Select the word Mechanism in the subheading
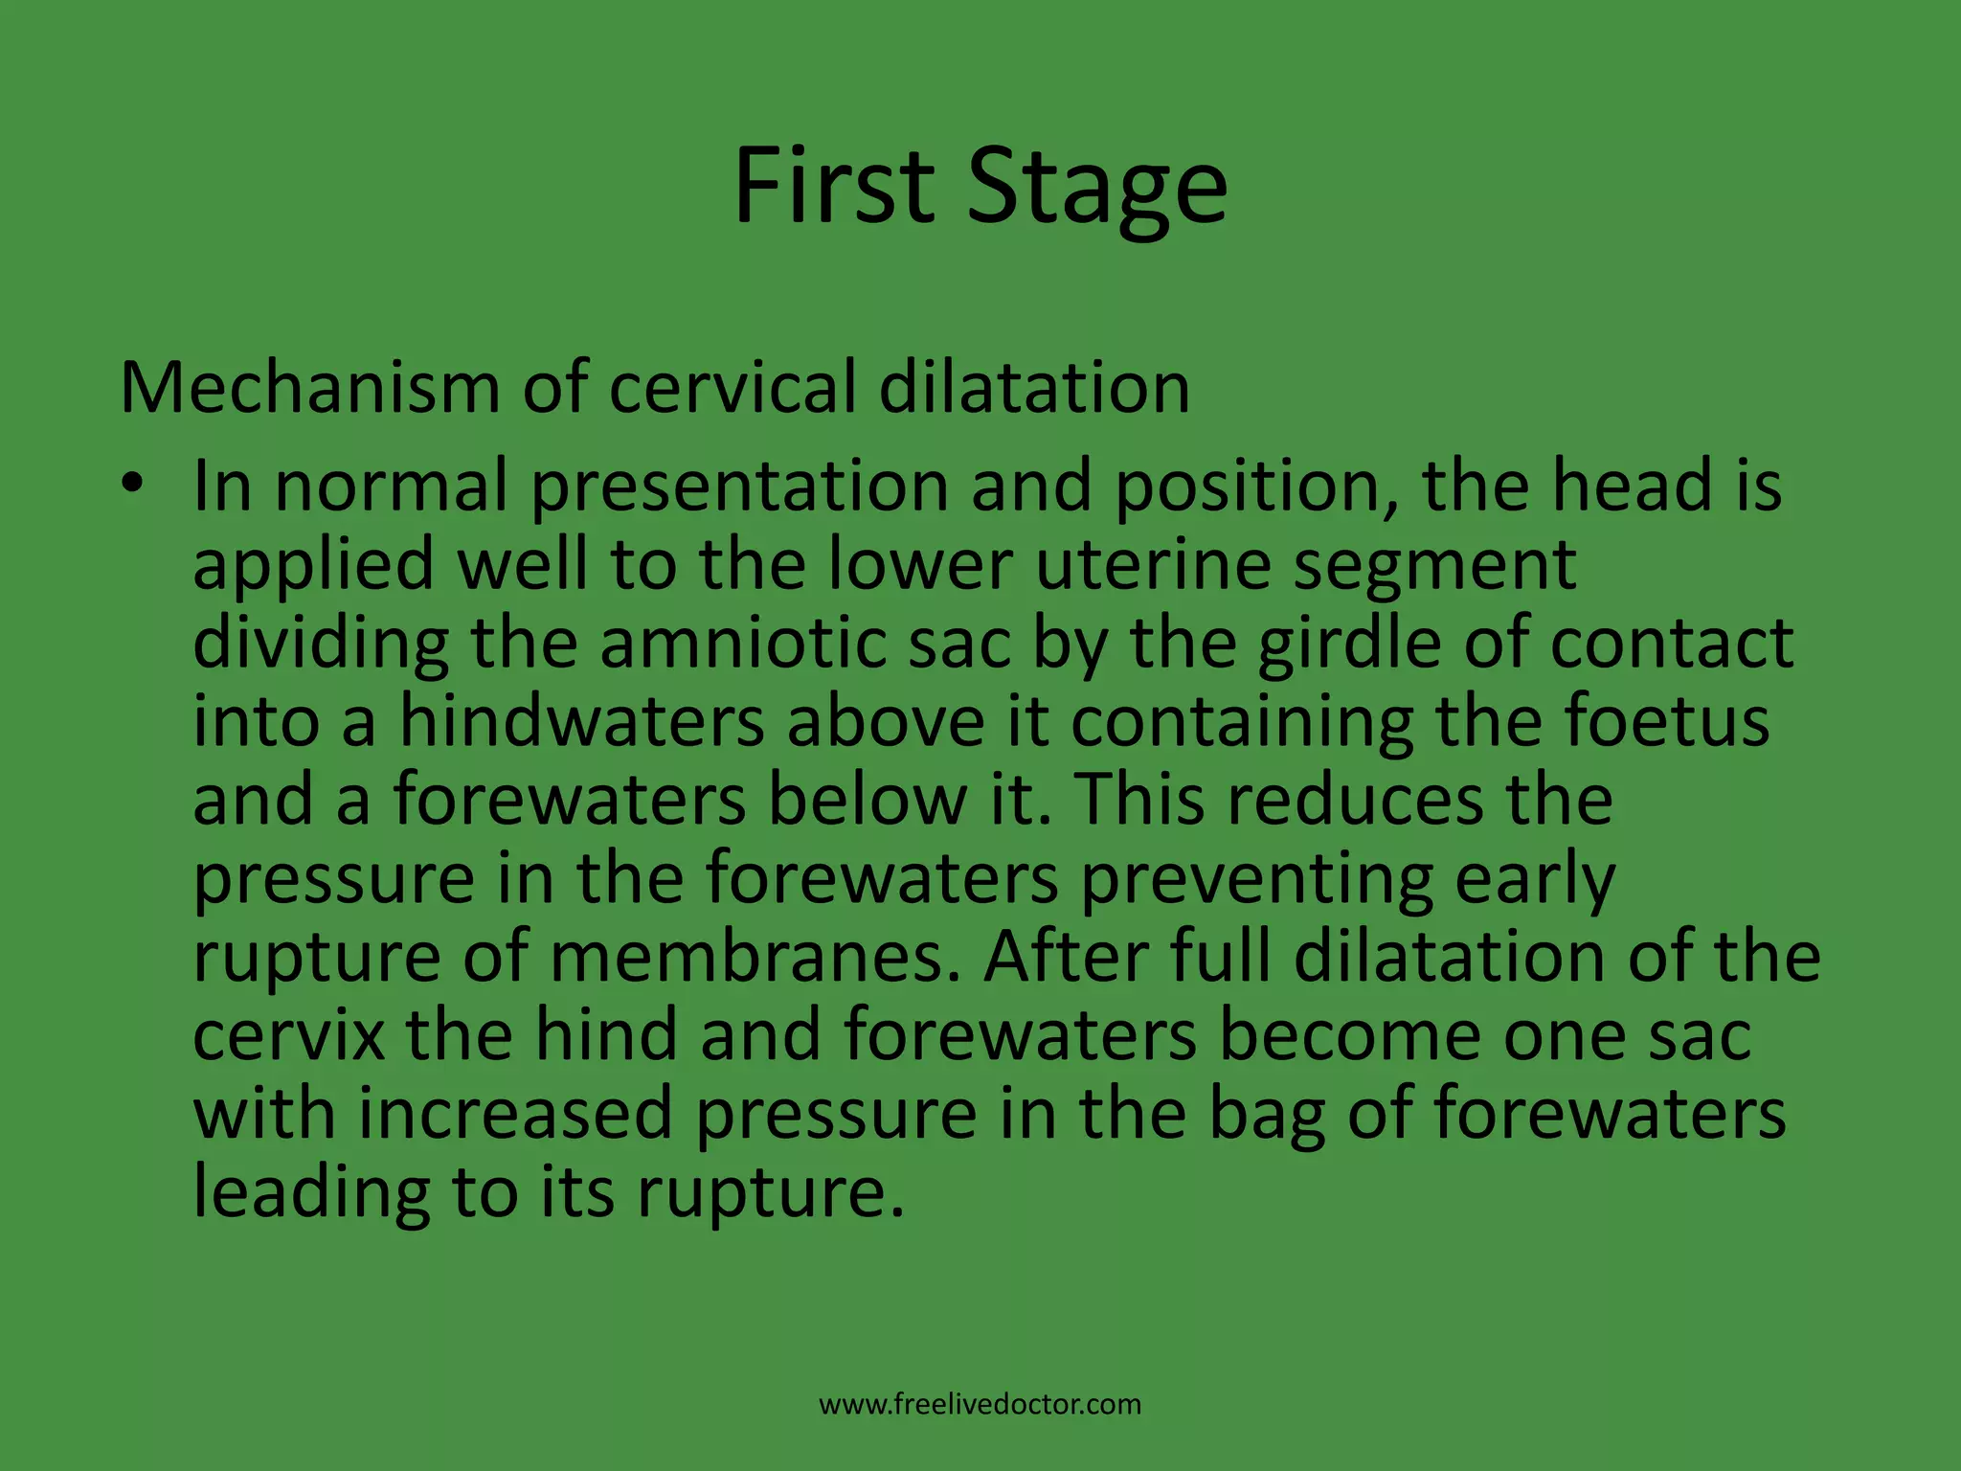[309, 388]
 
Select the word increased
[516, 1115]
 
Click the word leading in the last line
[311, 1193]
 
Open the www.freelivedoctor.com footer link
[980, 1405]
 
